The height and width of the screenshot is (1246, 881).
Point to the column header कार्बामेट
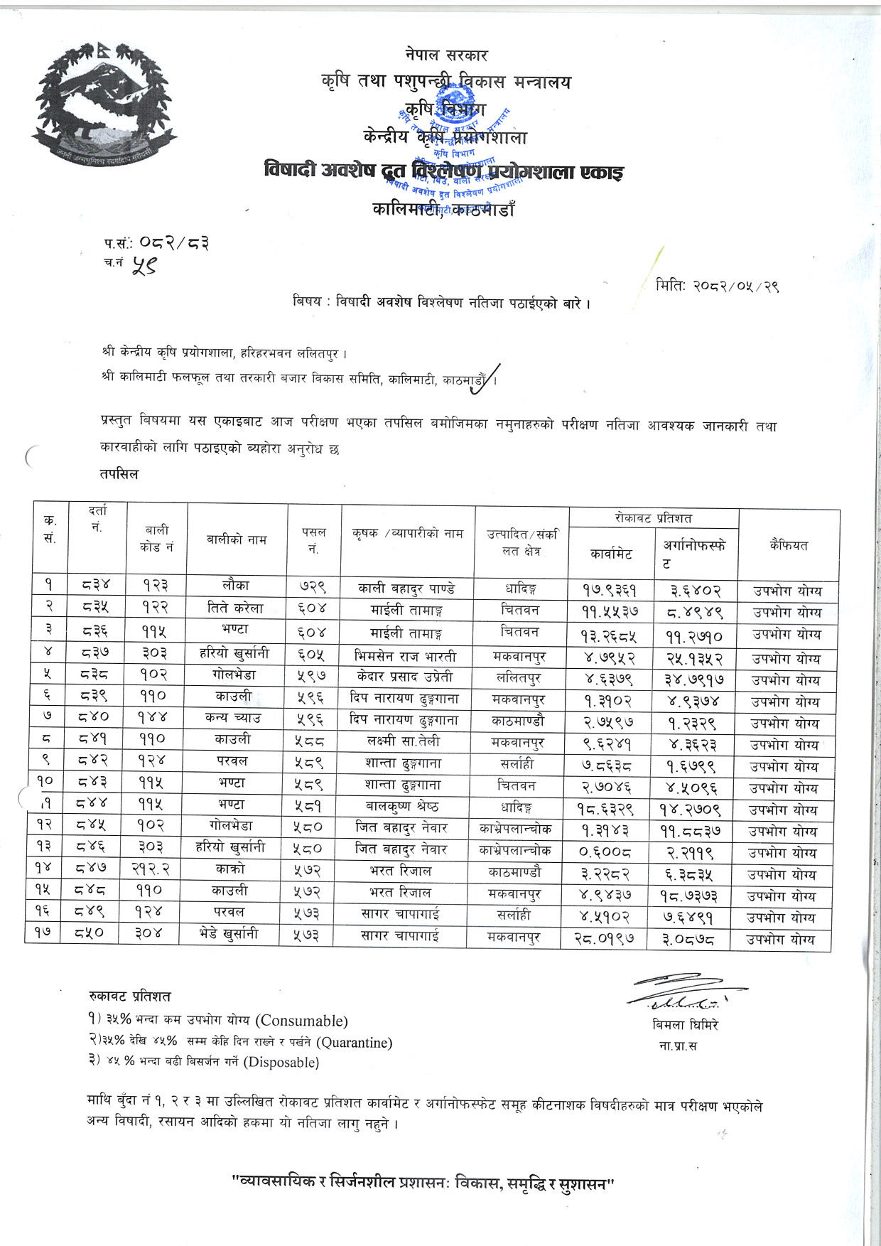point(611,554)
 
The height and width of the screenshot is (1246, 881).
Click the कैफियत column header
point(788,545)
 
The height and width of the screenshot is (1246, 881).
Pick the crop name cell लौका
point(236,586)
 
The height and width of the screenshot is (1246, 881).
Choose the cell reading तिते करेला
point(236,608)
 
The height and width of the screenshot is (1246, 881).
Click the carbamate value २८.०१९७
point(604,938)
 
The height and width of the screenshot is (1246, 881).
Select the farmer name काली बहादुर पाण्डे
point(406,589)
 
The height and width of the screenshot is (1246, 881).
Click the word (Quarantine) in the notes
point(354,1043)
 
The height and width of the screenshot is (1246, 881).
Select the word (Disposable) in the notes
point(281,1063)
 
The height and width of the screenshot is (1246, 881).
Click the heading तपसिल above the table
point(119,474)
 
